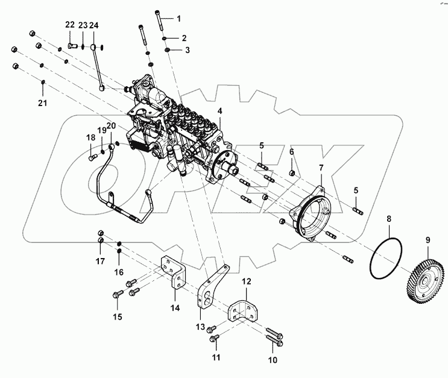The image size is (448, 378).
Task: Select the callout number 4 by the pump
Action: tap(219, 111)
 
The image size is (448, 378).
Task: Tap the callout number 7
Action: tap(321, 167)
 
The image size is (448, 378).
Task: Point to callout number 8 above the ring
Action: tap(389, 219)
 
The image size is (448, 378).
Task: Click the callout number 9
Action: tap(428, 241)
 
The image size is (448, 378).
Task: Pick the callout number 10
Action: tap(273, 360)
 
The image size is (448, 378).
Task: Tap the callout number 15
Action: tap(118, 316)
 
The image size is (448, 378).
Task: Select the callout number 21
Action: tap(42, 104)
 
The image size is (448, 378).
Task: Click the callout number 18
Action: tap(90, 138)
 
